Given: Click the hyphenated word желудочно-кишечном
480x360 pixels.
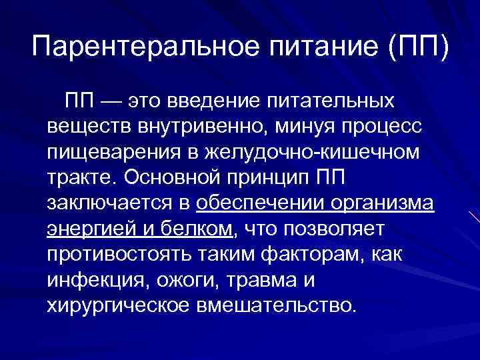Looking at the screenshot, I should point(310,153).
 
